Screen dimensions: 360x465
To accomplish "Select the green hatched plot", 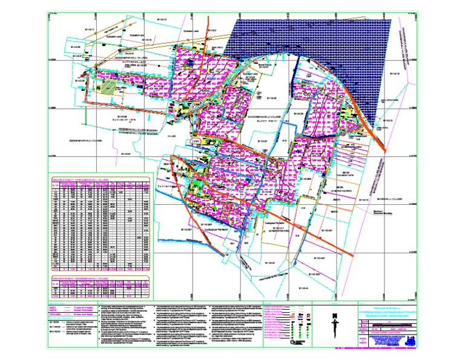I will pyautogui.click(x=108, y=87).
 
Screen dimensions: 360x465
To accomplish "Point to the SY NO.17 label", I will pyautogui.click(x=91, y=28).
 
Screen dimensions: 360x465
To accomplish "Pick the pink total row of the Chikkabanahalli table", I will pyautogui.click(x=100, y=268).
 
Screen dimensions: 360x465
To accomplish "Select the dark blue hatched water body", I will pyautogui.click(x=315, y=55).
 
